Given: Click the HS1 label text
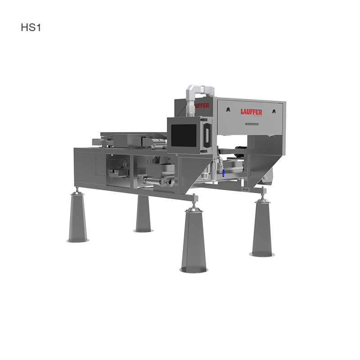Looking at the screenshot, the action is tap(31, 27).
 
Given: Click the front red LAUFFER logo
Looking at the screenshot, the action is tap(252, 112).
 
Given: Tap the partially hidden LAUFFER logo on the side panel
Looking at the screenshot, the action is tap(202, 106).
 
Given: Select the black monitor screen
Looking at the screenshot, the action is tap(184, 135).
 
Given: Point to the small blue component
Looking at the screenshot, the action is tap(223, 173).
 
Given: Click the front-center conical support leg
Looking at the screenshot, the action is tap(194, 241).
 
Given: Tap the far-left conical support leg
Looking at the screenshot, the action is tap(78, 218).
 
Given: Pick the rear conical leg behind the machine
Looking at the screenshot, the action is tap(143, 213).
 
